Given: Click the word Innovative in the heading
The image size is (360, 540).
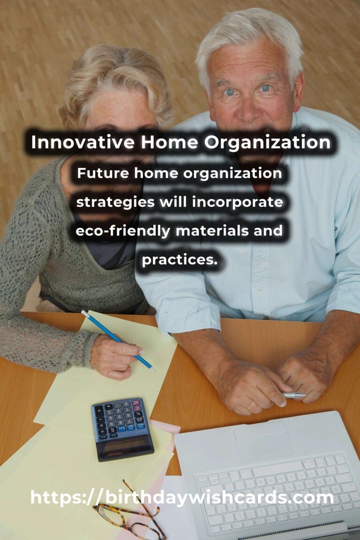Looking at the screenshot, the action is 82,142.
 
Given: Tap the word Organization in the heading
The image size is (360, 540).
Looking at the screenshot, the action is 267,142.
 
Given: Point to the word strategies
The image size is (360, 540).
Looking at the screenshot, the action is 115,202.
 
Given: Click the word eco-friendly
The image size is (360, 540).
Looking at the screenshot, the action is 123,231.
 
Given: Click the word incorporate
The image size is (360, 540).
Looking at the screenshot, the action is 237,202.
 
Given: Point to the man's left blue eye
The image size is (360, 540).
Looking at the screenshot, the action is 265,88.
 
